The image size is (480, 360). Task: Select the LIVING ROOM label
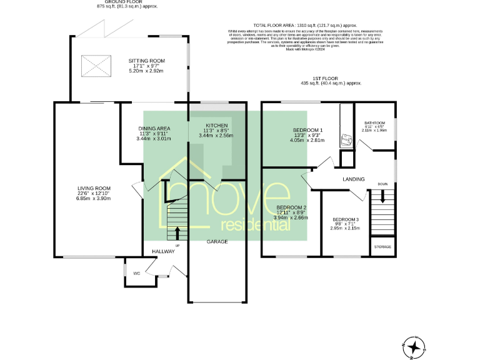pyautogui.click(x=94, y=188)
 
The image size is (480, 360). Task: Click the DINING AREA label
pyautogui.click(x=154, y=128)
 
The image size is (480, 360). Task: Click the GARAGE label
pyautogui.click(x=217, y=241)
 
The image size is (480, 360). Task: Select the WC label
pyautogui.click(x=136, y=273)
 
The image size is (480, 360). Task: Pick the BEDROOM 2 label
pyautogui.click(x=291, y=207)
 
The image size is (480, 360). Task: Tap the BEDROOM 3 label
pyautogui.click(x=345, y=220)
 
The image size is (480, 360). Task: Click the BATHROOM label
pyautogui.click(x=375, y=123)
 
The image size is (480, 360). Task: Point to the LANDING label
pyautogui.click(x=354, y=179)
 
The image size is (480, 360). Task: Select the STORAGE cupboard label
pyautogui.click(x=382, y=247)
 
